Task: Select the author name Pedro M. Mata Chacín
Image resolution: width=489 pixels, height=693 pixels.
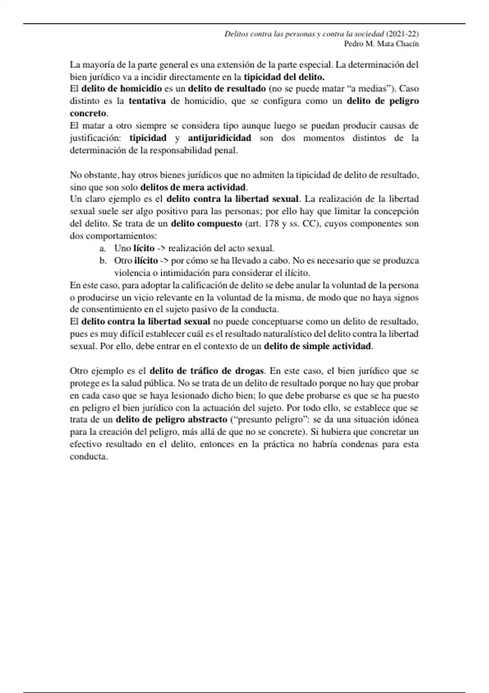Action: (x=381, y=44)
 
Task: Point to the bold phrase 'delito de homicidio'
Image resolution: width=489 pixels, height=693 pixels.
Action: (x=121, y=89)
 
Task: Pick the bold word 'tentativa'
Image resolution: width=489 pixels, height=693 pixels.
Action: (x=147, y=101)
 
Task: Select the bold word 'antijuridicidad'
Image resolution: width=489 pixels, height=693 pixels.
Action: (x=220, y=138)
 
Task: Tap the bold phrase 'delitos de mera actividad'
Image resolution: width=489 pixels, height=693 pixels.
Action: (x=193, y=188)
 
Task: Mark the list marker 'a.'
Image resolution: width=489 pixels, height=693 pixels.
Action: (x=103, y=248)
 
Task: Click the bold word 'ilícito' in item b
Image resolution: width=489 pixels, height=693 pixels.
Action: (x=146, y=260)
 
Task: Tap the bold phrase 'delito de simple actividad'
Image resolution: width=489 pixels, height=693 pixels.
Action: (x=318, y=346)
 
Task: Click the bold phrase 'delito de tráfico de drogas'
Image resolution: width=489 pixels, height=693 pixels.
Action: (x=207, y=371)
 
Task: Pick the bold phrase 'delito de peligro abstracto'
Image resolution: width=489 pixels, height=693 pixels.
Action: (x=172, y=419)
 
